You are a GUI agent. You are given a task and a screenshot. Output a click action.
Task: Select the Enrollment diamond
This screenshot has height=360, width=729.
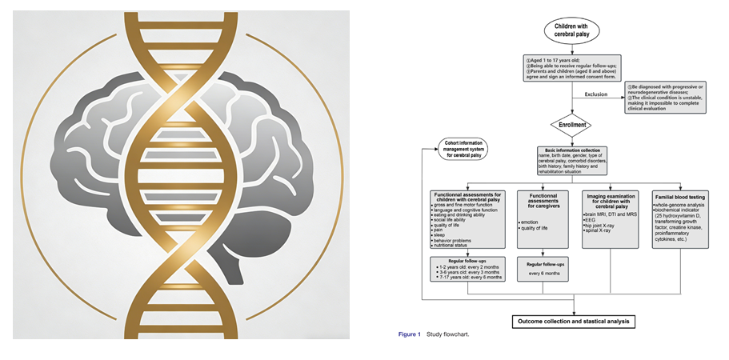pyautogui.click(x=574, y=125)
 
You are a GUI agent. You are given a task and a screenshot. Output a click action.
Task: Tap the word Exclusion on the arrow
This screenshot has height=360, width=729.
pyautogui.click(x=596, y=95)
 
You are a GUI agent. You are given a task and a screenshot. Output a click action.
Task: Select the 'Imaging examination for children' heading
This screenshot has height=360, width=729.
pyautogui.click(x=611, y=200)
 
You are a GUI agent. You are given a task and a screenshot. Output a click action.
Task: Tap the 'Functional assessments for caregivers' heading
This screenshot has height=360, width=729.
pyautogui.click(x=543, y=200)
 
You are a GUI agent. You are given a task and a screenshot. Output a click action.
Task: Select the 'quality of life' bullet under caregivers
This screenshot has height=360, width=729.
pyautogui.click(x=539, y=228)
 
